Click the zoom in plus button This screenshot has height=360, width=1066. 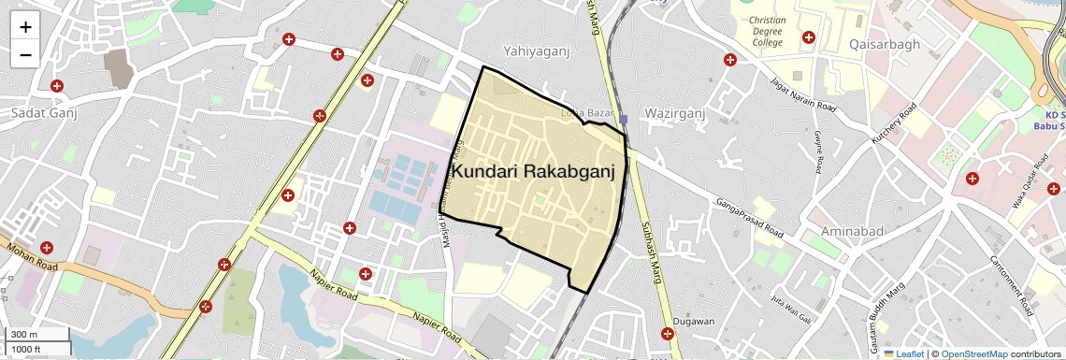coord(25,27)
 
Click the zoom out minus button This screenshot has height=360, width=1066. coord(25,54)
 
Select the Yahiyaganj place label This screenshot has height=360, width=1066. coord(536,51)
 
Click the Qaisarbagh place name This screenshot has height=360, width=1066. coord(885,44)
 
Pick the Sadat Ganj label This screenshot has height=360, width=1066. coord(43,112)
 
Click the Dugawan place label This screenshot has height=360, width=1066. coord(693,322)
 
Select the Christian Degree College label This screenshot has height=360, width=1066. coord(767,31)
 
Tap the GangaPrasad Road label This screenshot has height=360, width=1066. coord(749,216)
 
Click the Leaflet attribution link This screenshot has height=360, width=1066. coord(903,353)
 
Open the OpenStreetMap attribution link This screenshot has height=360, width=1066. coord(973,353)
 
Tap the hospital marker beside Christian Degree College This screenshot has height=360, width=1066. coord(808,38)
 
